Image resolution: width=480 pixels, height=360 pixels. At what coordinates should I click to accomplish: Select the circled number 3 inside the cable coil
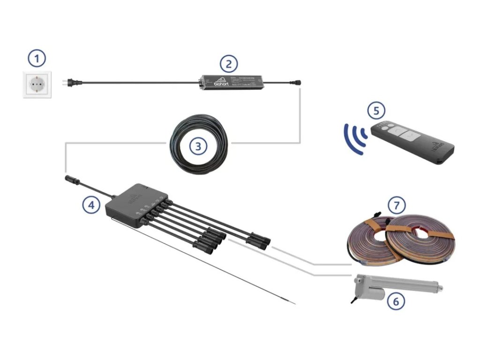coord(198,146)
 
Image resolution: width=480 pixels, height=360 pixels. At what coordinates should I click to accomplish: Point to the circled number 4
coord(91,204)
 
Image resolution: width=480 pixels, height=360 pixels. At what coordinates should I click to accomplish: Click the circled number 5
coord(376,111)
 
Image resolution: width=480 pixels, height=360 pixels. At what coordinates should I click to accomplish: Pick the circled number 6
coord(396,301)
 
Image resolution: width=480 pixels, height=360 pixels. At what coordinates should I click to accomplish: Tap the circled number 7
coord(397,205)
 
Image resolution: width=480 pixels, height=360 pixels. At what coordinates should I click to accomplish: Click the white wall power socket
coord(37,85)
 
